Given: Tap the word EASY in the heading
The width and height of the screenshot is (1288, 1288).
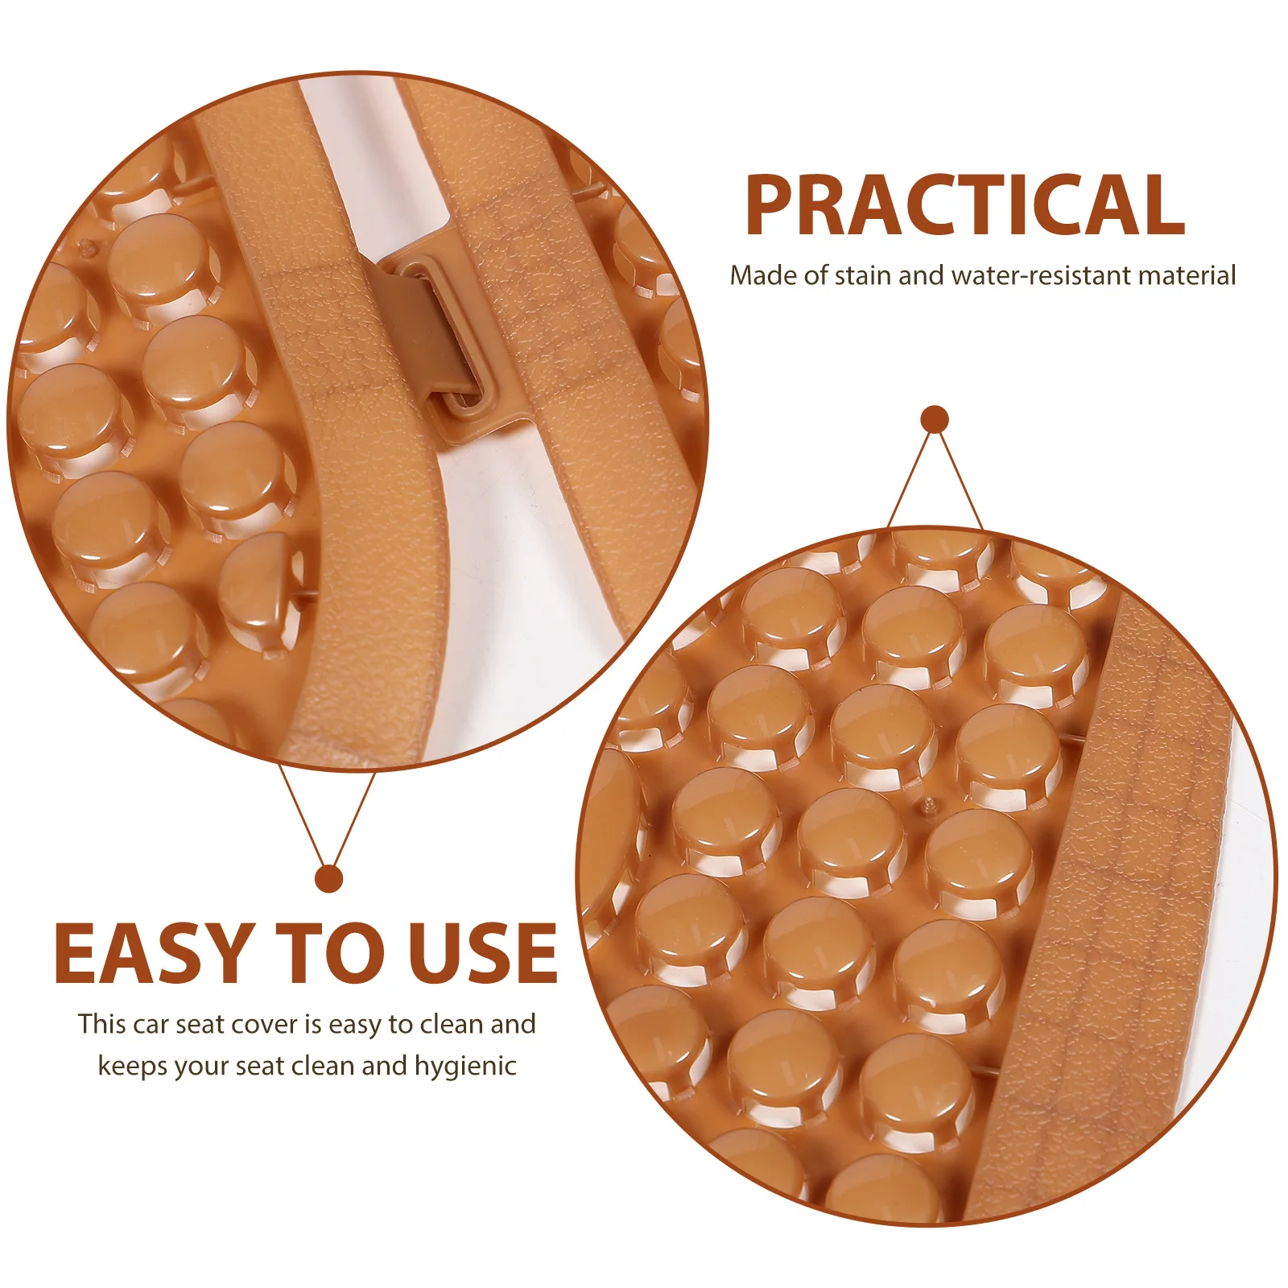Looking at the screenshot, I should [151, 954].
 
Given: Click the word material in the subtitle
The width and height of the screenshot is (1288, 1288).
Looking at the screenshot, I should [1187, 276].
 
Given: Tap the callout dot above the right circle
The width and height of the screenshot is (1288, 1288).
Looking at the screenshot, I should [935, 419].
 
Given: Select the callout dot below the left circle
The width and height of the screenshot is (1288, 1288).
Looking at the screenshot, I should [328, 878].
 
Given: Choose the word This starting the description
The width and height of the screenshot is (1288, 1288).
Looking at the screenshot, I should [102, 1025].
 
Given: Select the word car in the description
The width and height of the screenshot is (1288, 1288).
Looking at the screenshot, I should [151, 1025].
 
